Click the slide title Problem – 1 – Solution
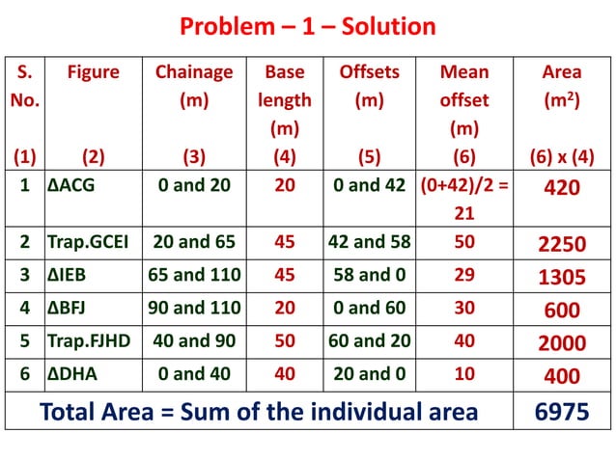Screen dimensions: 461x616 coord(308,26)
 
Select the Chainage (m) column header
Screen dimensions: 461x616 coord(194,86)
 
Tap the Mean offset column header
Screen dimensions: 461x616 coord(464,99)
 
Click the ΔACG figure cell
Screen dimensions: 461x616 coord(72,187)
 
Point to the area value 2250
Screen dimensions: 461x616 coord(562,245)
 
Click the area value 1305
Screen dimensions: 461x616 coord(562,278)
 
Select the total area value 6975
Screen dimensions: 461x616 coord(562,412)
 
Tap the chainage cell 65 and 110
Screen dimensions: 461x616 coord(194,277)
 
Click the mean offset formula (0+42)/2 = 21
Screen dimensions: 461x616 coord(464,199)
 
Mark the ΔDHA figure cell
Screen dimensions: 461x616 coord(72,375)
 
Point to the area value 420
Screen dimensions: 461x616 coord(562,188)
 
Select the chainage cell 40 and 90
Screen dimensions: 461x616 coord(194,342)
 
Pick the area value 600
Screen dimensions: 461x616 coord(562,311)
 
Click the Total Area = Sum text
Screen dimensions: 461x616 coord(259,412)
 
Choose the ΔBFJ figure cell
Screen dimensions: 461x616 coord(70,310)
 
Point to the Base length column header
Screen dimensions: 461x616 coord(285,99)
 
